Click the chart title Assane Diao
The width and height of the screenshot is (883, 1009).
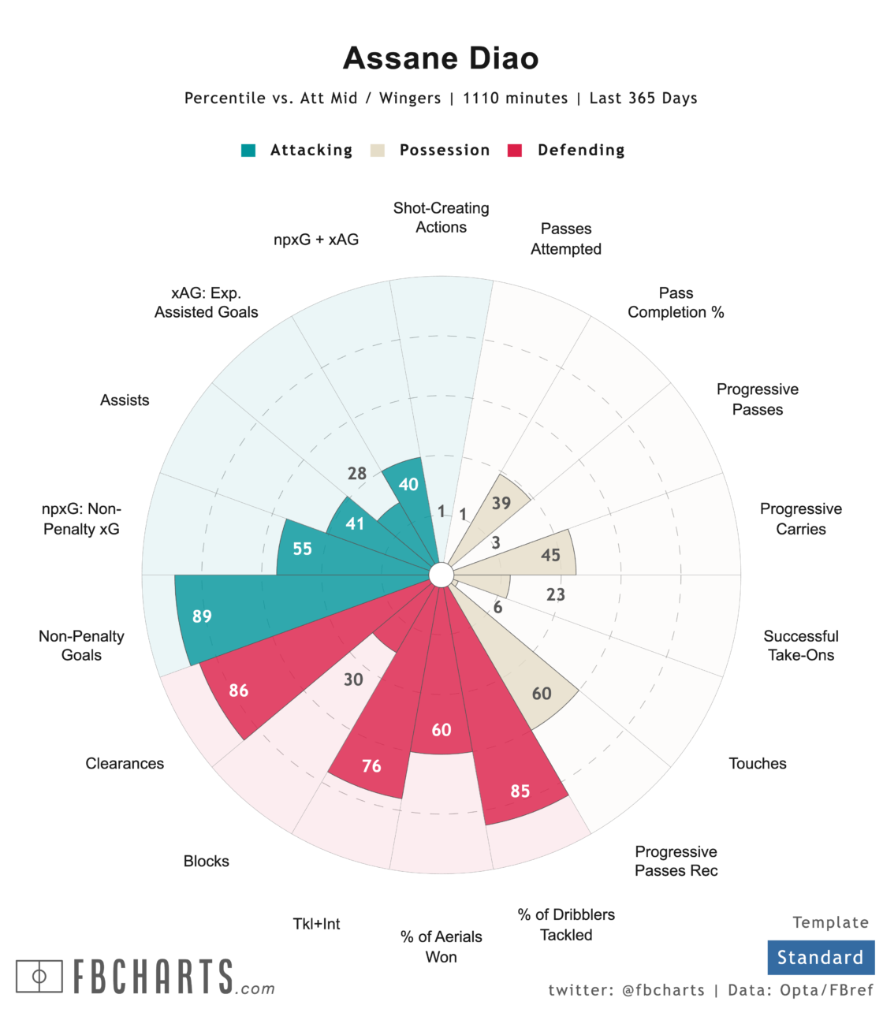[x=441, y=58]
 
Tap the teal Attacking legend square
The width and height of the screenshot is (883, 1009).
[x=248, y=151]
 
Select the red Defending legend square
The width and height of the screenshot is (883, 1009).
[x=515, y=151]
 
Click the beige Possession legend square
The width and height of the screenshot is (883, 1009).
[x=378, y=151]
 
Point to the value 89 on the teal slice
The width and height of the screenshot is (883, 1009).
[x=202, y=616]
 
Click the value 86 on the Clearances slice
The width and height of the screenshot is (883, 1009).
[x=239, y=691]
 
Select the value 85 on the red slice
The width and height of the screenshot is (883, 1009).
[x=520, y=791]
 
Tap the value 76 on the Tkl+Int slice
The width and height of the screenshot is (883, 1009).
[x=371, y=766]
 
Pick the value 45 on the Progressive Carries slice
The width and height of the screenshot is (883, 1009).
[x=550, y=556]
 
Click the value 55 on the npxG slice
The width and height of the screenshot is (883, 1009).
[x=303, y=549]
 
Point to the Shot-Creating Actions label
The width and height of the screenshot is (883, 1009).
[x=441, y=218]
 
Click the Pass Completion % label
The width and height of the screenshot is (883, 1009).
[x=676, y=303]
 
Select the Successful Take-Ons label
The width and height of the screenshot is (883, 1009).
[x=801, y=646]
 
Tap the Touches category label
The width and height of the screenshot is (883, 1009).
[x=758, y=763]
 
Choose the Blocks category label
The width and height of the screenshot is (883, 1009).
[x=207, y=861]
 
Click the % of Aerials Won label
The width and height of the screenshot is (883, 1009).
[x=441, y=947]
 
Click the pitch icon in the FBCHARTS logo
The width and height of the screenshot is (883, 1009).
[x=39, y=977]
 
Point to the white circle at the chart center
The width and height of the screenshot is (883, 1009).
[x=441, y=575]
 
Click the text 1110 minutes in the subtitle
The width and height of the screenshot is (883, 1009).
[x=515, y=99]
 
